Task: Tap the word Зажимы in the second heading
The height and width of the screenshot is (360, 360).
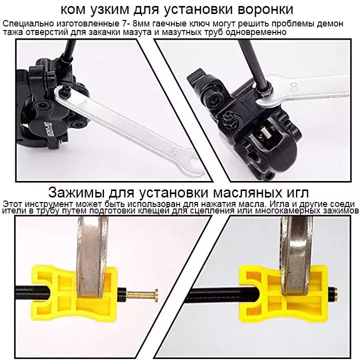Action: point(76,193)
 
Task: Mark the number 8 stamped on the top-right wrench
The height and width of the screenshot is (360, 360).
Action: point(293,86)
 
